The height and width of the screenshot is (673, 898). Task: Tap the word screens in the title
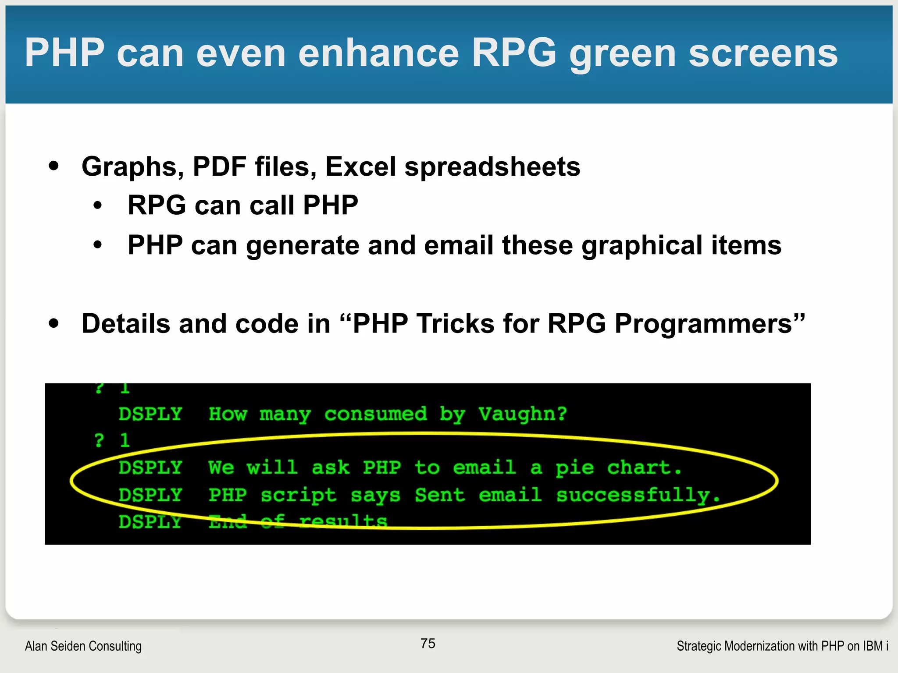763,53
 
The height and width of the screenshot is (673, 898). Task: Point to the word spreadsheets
492,167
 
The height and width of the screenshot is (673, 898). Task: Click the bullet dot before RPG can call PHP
98,205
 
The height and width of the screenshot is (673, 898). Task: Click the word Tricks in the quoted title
455,324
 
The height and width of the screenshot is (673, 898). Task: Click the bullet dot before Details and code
54,324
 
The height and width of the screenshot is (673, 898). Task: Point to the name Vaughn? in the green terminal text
523,414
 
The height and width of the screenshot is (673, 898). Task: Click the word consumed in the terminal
375,414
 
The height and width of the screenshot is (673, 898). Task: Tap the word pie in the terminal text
574,468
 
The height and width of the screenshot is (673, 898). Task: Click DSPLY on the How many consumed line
150,414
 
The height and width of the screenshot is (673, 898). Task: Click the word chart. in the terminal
644,468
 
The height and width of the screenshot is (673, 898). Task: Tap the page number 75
428,643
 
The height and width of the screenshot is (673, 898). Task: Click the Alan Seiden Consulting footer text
83,646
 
